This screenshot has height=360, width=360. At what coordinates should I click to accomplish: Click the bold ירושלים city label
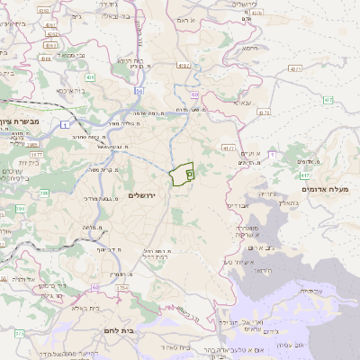click(142, 195)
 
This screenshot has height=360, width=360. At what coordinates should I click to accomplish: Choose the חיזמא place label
click(250, 50)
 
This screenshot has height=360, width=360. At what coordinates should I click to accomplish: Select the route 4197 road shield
click(184, 65)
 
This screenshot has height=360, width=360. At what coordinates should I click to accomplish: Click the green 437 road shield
click(305, 174)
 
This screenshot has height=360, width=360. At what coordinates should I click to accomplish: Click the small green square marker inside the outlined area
click(189, 172)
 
